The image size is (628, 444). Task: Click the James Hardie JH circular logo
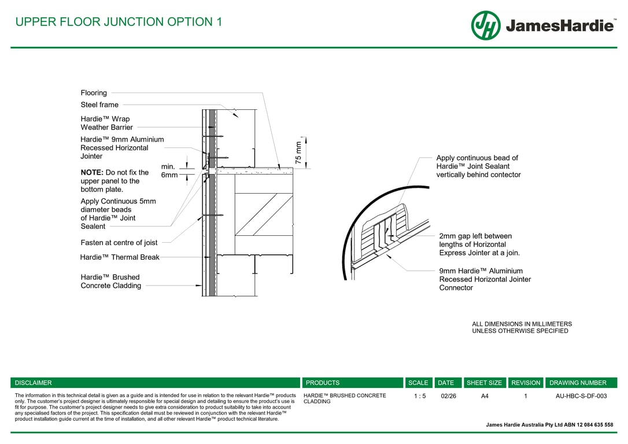point(486,25)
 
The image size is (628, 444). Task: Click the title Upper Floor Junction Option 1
point(119,22)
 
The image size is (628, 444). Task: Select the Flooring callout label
point(94,92)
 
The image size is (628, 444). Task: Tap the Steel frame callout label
point(99,105)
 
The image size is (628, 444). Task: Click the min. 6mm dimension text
point(168,171)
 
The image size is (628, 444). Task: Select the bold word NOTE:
point(91,172)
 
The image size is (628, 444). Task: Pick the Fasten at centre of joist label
point(119,243)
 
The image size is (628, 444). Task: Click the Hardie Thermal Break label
point(119,257)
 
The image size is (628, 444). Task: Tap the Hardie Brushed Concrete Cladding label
point(110,282)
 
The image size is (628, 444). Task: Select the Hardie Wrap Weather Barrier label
point(106,123)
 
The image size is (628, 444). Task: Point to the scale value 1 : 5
point(420,396)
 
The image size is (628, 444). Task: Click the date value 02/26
point(448,396)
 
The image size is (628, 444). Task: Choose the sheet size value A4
point(485,396)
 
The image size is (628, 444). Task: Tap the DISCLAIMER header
point(33,383)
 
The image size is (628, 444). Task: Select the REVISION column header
point(526,383)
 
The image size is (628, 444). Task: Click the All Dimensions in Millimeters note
point(522,328)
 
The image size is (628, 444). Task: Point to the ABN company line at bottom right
point(549,425)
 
